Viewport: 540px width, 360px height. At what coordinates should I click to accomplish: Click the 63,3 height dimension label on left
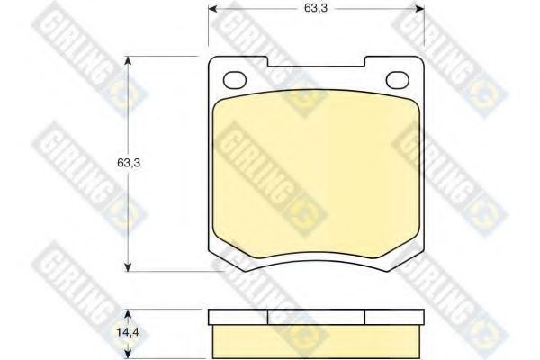click(131, 163)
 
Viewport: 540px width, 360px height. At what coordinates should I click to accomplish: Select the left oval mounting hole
click(233, 78)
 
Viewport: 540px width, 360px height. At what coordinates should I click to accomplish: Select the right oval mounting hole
click(397, 78)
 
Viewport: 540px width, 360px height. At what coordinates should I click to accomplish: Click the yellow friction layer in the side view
click(315, 338)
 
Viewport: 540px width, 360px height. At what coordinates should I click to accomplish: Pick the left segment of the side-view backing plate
click(238, 317)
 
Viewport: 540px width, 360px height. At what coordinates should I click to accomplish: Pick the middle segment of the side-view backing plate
click(316, 317)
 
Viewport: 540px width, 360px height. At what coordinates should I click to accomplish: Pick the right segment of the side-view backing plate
click(393, 317)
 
